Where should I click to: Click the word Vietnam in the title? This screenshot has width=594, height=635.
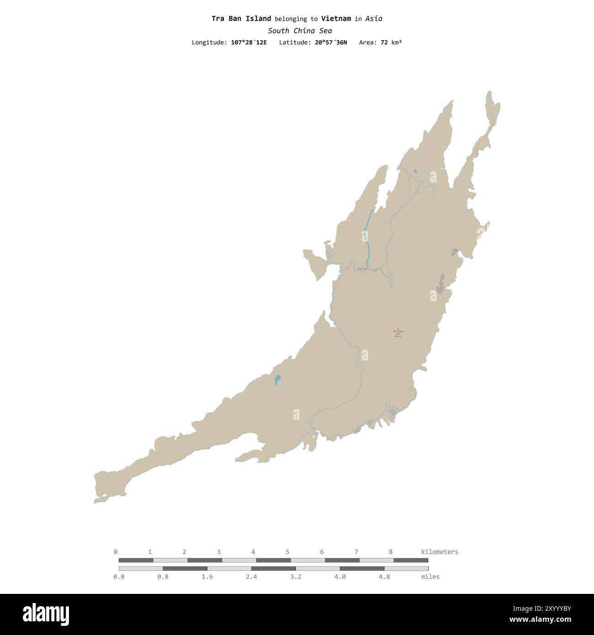(x=336, y=19)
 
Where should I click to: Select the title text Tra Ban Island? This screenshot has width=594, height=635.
(x=241, y=19)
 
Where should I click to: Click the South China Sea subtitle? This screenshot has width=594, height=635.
(x=300, y=31)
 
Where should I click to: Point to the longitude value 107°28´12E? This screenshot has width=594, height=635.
(x=249, y=42)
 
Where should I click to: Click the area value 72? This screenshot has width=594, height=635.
(x=384, y=42)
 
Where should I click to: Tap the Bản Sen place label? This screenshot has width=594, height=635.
(x=362, y=269)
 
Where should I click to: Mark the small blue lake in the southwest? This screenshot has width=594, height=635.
(x=277, y=380)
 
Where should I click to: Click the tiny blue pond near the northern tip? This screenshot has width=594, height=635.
(x=415, y=171)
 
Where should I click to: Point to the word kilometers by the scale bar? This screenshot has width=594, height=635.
(x=439, y=552)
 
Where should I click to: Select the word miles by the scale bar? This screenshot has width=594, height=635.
(x=430, y=577)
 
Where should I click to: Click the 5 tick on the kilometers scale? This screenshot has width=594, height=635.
(x=287, y=552)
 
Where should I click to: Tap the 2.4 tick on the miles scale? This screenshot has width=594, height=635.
(x=251, y=577)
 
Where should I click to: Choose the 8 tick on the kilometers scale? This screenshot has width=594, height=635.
(x=391, y=552)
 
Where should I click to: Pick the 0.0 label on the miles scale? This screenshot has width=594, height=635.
(x=119, y=577)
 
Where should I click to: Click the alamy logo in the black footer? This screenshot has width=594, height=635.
(x=46, y=614)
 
